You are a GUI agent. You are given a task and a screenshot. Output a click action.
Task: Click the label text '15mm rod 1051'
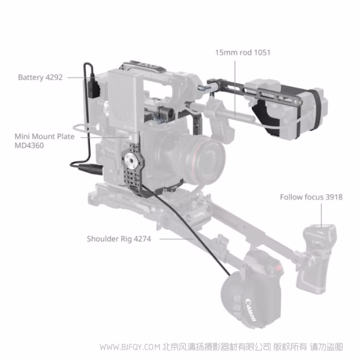pos(243,52)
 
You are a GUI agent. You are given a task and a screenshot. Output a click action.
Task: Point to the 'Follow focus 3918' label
pos(311,197)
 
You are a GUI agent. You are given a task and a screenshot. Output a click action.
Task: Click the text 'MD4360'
pos(28,145)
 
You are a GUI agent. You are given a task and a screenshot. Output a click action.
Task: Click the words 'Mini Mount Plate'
pos(44,136)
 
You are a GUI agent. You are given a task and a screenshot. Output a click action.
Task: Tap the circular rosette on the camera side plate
pos(131,163)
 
